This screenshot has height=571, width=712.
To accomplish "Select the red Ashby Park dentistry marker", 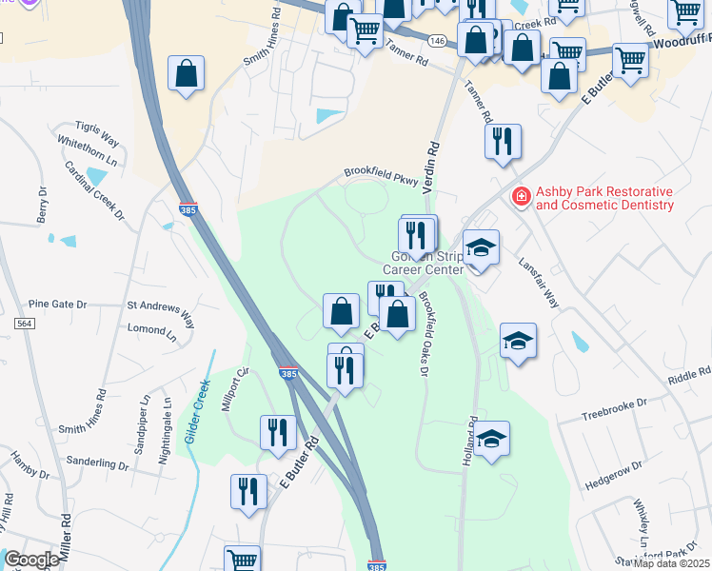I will click(x=521, y=197).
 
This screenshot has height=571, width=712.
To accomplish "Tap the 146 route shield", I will click(x=437, y=41).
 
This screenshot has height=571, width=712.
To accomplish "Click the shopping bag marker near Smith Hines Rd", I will click(x=186, y=73).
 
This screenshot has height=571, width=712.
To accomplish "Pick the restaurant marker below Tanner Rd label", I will click(x=503, y=141).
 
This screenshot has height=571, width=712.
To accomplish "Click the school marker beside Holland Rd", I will click(x=492, y=439).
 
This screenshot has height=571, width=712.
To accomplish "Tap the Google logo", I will click(x=30, y=560).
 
